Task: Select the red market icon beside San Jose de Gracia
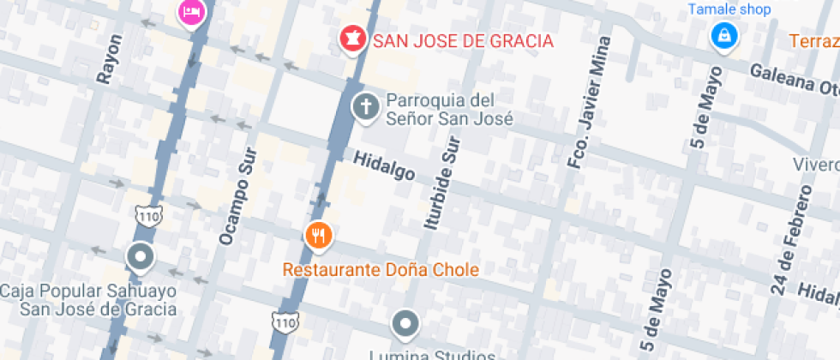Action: [351, 39]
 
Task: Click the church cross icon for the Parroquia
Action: [366, 108]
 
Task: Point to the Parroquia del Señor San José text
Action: [449, 109]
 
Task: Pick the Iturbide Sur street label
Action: [443, 183]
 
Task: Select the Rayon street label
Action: [111, 59]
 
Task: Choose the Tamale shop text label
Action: [729, 9]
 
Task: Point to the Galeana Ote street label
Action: [793, 82]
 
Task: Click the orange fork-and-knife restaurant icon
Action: [319, 235]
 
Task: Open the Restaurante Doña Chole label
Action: [381, 270]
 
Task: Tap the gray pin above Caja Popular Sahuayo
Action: [140, 256]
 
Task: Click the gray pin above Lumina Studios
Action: [405, 325]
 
